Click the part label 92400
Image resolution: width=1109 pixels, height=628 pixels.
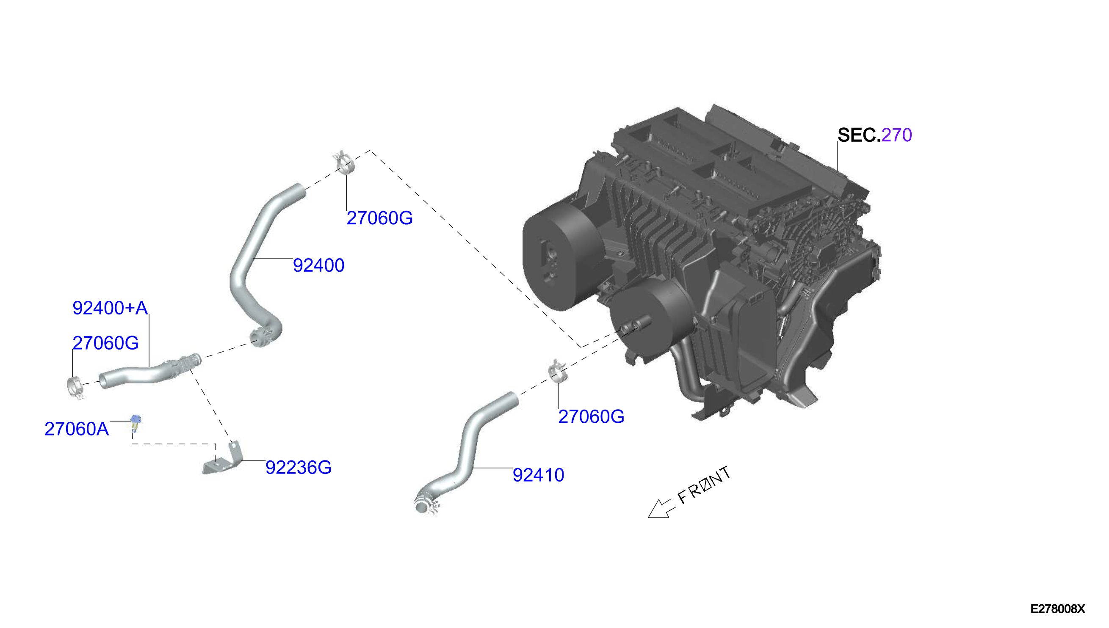(x=318, y=265)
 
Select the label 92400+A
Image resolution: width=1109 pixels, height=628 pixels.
(x=110, y=308)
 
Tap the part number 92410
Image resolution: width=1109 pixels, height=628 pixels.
(x=538, y=475)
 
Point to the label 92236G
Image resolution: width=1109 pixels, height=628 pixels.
(x=298, y=468)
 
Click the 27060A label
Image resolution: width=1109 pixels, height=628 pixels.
(x=76, y=429)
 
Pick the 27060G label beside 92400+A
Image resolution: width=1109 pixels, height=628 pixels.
(x=105, y=343)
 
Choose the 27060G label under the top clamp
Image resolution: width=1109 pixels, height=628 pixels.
(x=379, y=218)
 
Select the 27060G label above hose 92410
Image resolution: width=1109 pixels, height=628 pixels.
(x=591, y=417)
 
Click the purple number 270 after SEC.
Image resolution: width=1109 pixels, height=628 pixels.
(x=896, y=135)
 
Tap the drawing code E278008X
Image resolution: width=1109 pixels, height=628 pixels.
(x=1057, y=609)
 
